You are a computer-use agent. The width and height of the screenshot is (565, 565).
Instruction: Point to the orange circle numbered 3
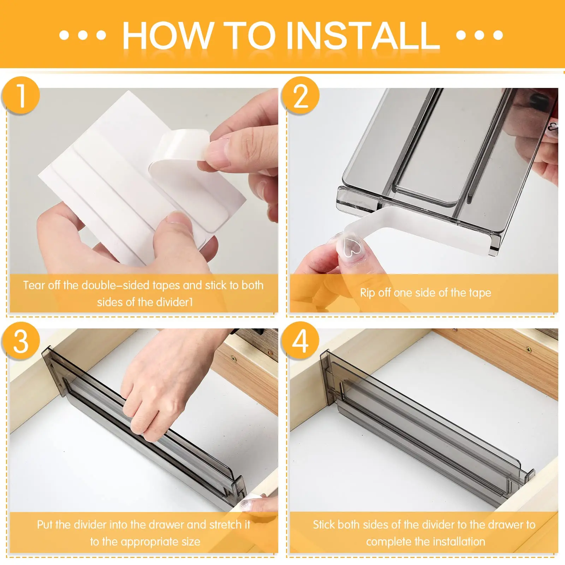[20, 341]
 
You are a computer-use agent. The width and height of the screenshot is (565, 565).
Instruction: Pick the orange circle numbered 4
[301, 341]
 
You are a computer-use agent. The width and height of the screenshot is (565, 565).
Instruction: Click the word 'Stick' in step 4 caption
[324, 524]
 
